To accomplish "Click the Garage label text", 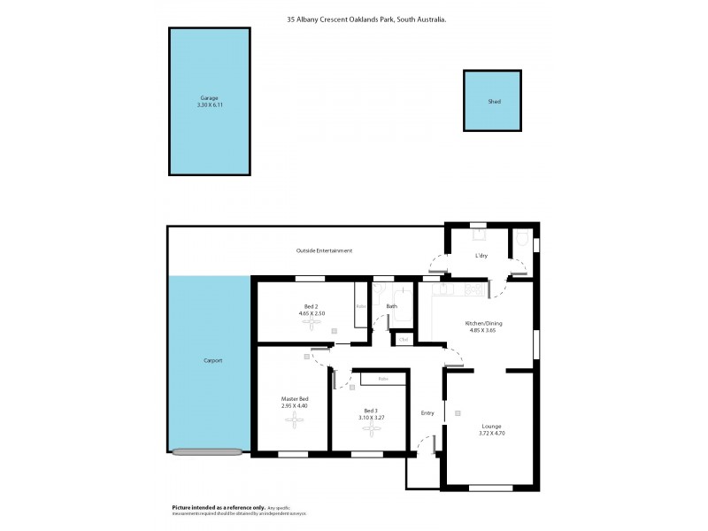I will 208,98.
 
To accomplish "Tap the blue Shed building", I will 494,102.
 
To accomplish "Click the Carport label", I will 212,361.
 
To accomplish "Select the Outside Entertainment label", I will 324,251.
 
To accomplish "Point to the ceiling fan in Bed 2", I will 311,323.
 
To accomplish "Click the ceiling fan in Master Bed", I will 294,420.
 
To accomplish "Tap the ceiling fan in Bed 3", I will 370,430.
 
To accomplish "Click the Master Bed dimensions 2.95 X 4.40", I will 294,405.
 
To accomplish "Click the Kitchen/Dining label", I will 483,324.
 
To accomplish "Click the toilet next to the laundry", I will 522,239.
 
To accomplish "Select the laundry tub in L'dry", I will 479,235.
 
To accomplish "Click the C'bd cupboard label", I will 404,339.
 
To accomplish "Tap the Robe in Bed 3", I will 383,380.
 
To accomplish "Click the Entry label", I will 427,412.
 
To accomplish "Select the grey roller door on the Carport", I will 207,451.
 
